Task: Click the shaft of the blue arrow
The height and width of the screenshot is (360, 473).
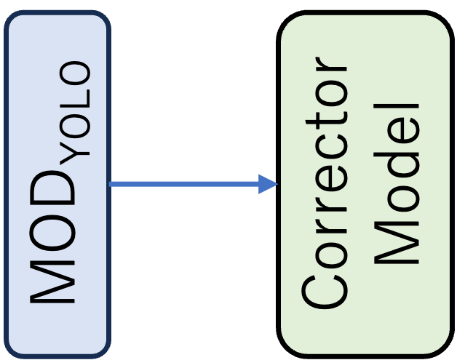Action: coord(182,184)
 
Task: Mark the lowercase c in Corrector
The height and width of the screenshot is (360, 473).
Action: coord(325,153)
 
